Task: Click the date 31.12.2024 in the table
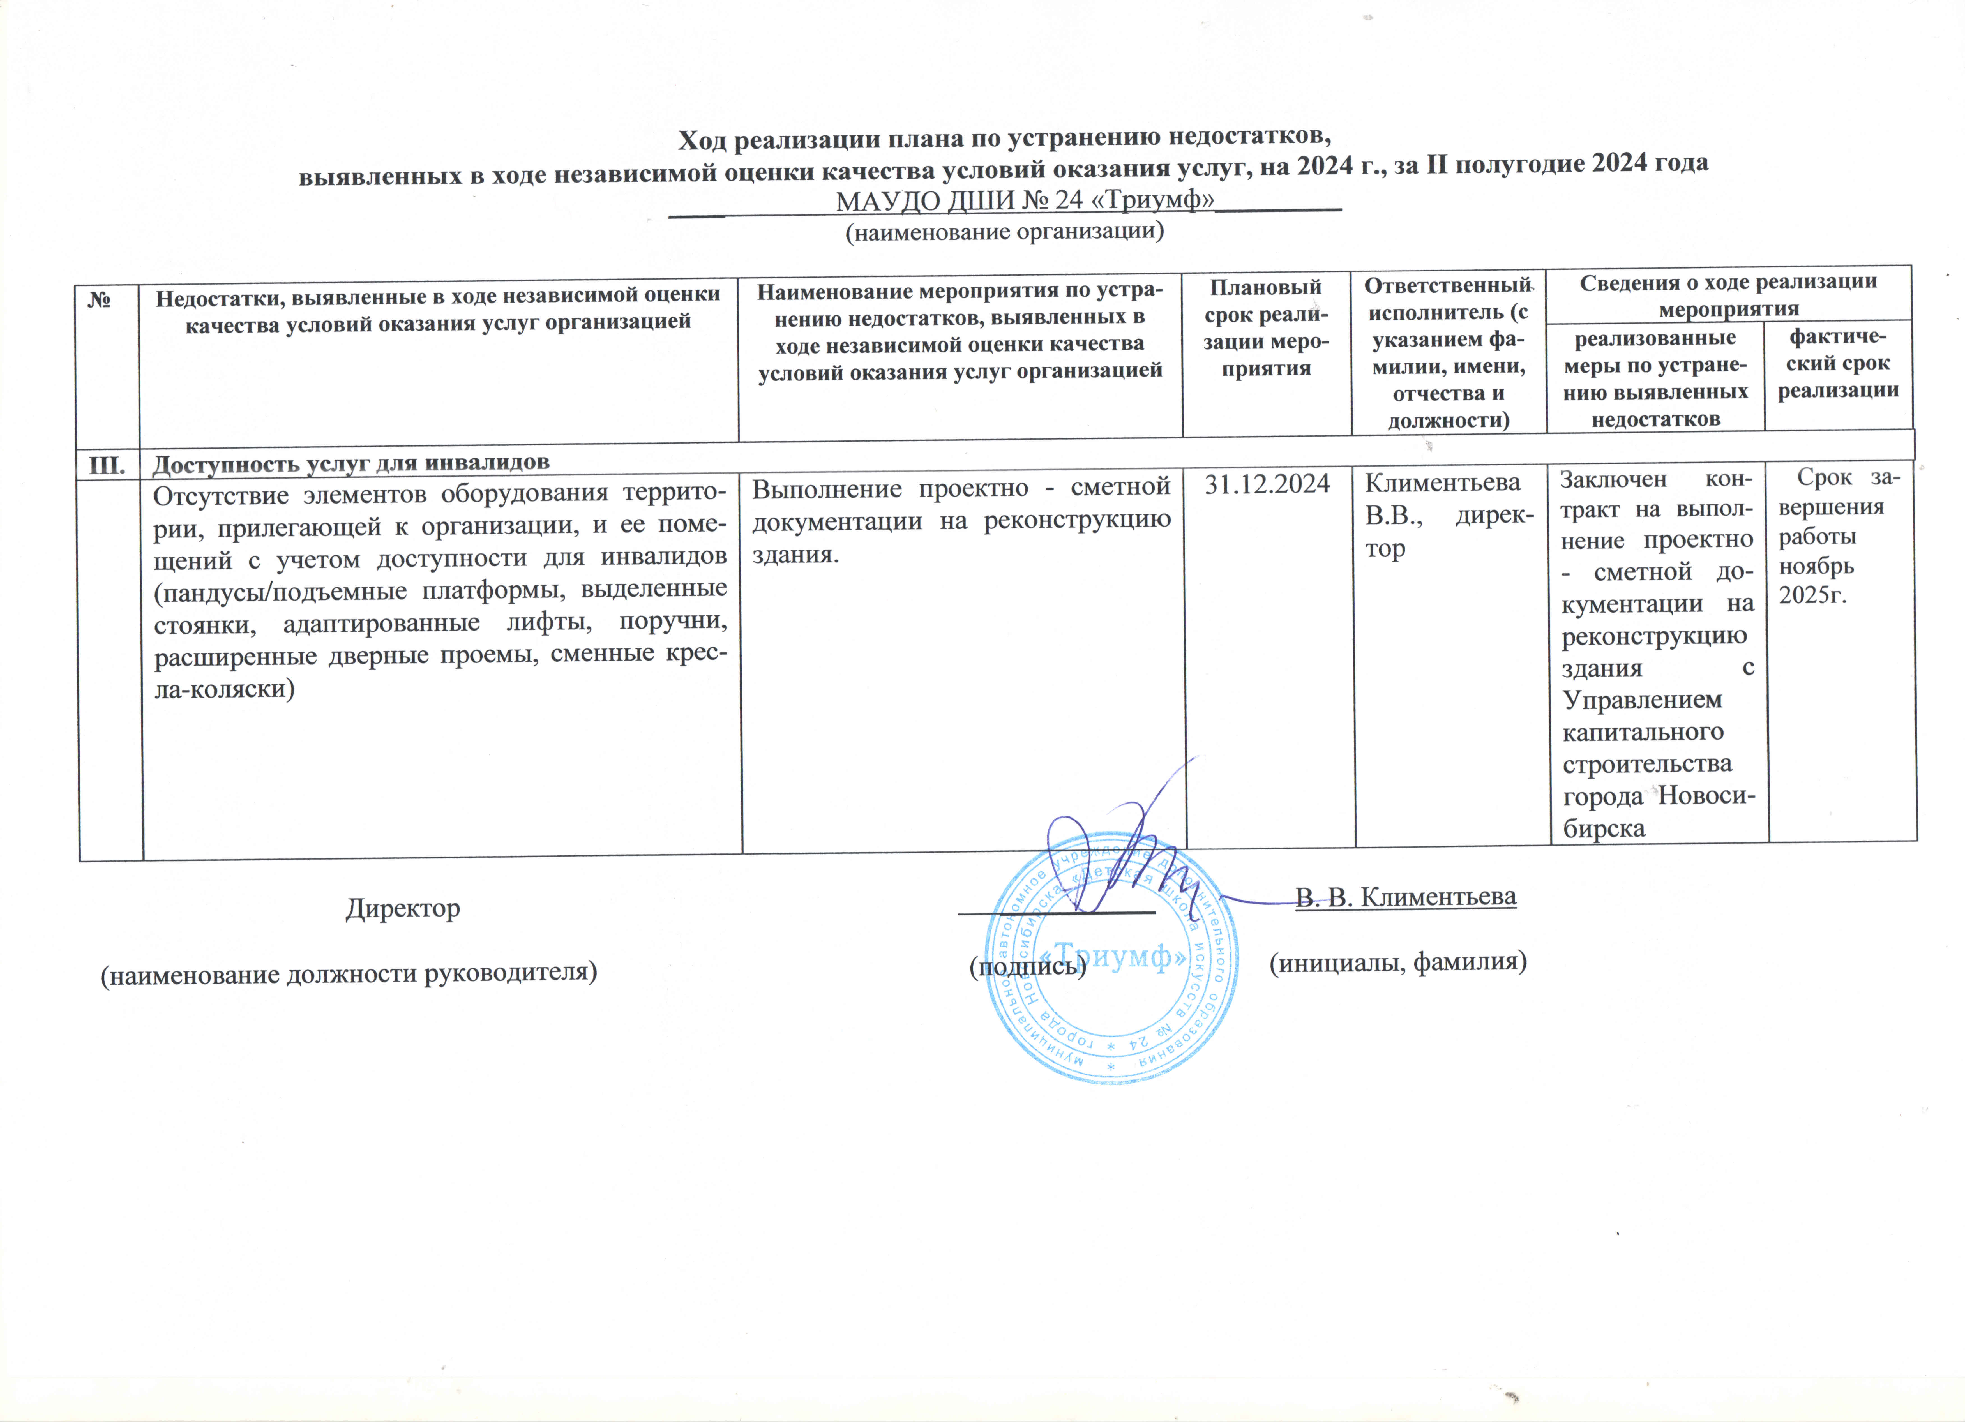click(1267, 484)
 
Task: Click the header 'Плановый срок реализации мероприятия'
click(1266, 327)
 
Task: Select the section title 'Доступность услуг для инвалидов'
click(351, 463)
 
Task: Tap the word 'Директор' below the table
click(403, 908)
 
